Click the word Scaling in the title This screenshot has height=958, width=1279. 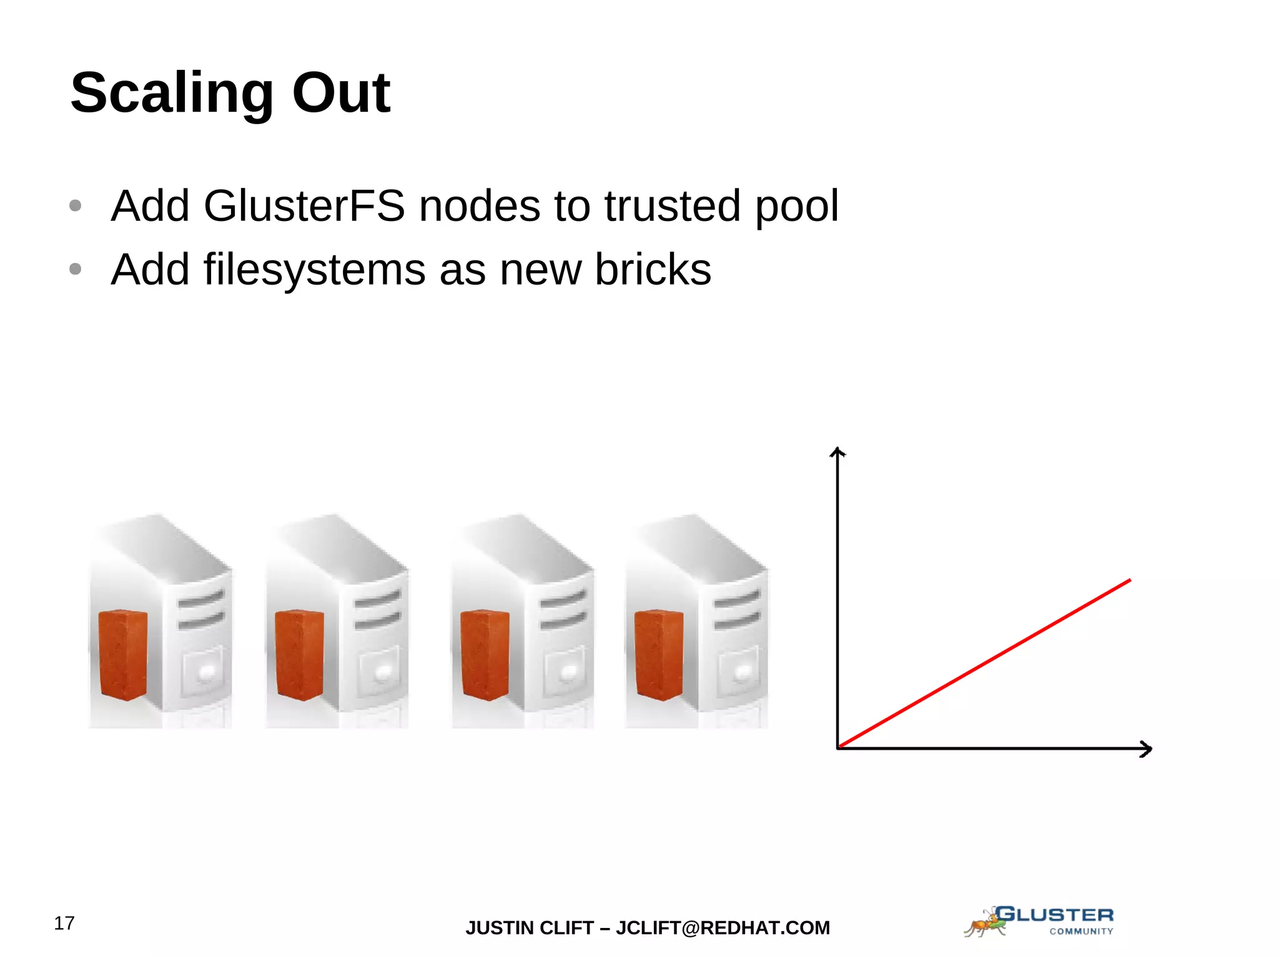pos(172,94)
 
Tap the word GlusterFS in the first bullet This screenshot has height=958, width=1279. pos(304,206)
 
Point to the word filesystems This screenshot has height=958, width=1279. pos(314,270)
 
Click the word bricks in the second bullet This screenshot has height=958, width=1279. pos(653,270)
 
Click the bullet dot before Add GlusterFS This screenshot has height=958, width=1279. pos(76,206)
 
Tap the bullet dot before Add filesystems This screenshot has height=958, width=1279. pos(76,270)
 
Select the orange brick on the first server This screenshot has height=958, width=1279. pos(123,655)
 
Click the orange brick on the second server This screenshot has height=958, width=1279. pos(299,655)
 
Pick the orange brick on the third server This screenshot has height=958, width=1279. pos(485,655)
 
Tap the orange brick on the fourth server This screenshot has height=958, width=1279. pos(659,655)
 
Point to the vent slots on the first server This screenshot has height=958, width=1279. pos(201,610)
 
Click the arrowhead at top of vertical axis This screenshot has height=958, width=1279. pos(837,452)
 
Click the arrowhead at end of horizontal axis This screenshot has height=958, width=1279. pos(1146,748)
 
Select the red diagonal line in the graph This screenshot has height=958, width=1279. pos(984,663)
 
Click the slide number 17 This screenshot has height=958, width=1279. pos(64,923)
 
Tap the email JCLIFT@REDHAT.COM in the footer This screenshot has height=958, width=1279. pos(723,928)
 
